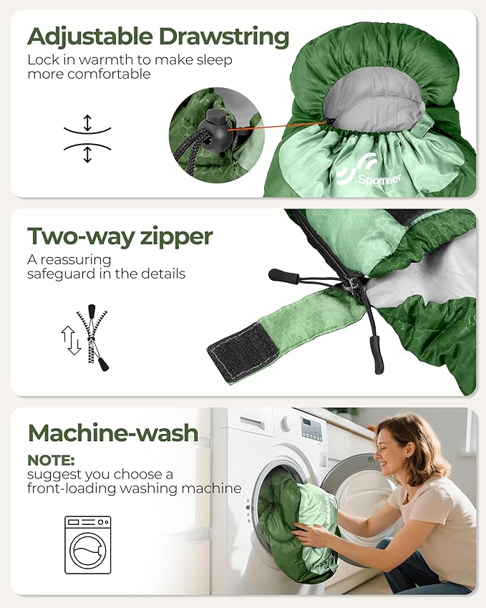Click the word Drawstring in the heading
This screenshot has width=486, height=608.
click(224, 37)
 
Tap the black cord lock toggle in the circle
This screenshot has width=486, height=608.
click(215, 125)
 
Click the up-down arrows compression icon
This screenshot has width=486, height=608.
click(87, 138)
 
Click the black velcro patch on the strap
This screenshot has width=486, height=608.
click(243, 347)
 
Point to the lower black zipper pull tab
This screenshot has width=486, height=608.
click(376, 354)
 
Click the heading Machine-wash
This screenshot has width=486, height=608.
click(113, 433)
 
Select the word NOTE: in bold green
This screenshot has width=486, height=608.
click(51, 460)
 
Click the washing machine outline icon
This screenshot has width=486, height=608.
click(87, 545)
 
